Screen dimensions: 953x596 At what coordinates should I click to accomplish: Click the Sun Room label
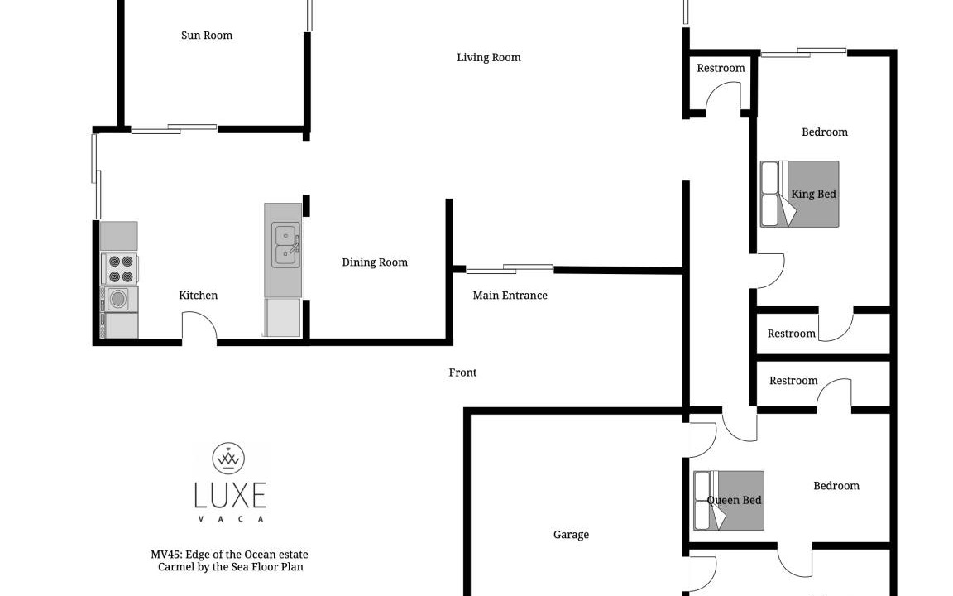click(207, 36)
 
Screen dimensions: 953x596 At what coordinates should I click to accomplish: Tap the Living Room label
click(489, 58)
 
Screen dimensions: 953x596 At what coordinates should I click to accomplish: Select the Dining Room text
click(375, 262)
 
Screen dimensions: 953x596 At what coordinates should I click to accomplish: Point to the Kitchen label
click(199, 295)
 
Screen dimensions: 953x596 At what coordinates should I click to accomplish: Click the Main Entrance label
click(510, 295)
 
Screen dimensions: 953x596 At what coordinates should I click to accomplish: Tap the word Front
click(462, 372)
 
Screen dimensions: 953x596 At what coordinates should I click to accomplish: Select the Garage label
click(571, 535)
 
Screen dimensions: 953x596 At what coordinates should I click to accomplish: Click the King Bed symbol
click(800, 194)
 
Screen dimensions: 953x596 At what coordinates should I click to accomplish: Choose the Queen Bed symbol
click(729, 501)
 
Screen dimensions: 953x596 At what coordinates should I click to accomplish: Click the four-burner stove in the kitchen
click(120, 269)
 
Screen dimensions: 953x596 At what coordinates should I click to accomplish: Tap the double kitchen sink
click(285, 245)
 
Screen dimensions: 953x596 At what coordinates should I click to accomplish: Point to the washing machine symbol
click(119, 299)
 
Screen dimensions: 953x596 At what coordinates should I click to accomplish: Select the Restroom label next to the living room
click(721, 68)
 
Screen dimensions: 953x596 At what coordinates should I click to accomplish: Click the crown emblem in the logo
click(228, 458)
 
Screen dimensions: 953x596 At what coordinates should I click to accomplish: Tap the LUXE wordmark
click(230, 495)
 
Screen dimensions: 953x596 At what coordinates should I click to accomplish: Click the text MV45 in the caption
click(165, 555)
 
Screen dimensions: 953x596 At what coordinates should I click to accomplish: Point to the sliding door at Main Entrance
click(510, 269)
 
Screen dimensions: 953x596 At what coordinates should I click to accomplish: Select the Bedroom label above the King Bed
click(824, 132)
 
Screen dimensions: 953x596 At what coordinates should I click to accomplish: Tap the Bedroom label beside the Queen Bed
click(836, 486)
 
